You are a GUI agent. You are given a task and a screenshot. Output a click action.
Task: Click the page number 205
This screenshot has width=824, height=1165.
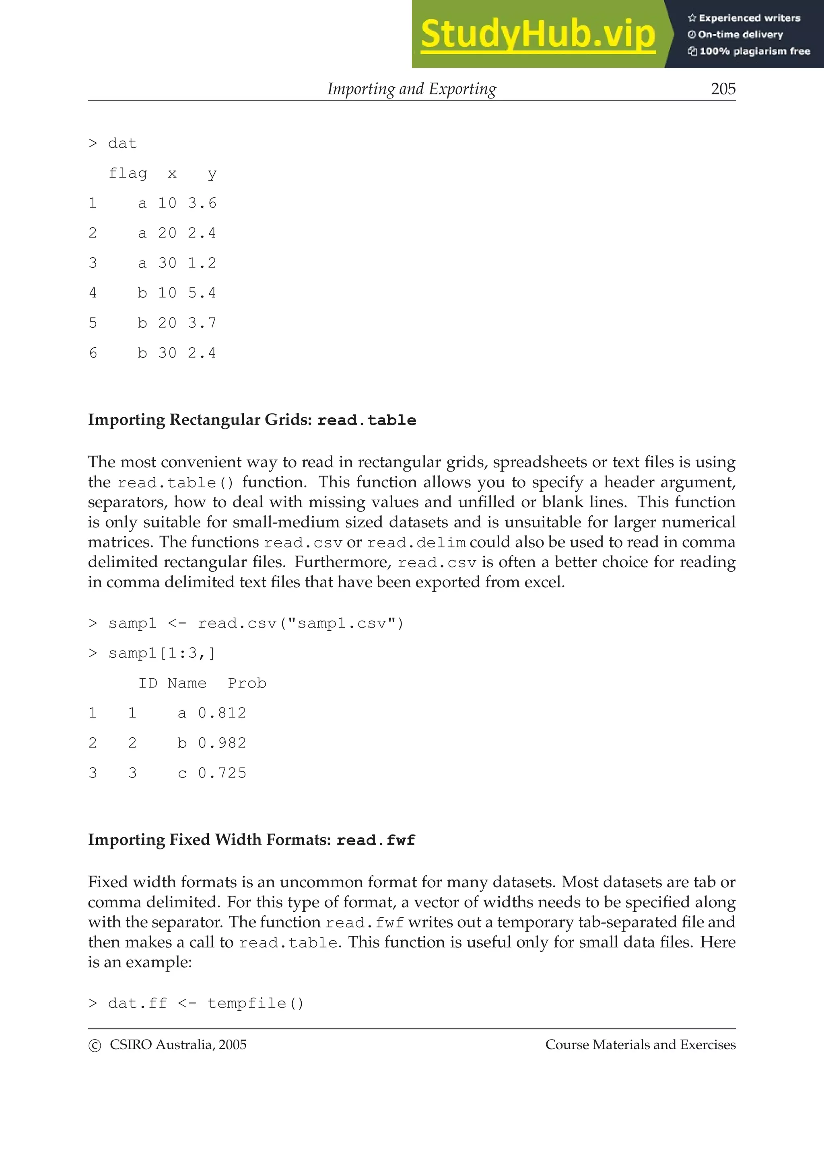(723, 89)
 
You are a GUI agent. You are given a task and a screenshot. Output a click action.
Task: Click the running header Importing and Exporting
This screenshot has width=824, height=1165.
(411, 89)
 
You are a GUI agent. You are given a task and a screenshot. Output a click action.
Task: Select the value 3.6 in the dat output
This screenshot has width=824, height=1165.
(202, 203)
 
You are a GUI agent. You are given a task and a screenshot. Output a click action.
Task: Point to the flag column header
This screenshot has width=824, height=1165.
(128, 174)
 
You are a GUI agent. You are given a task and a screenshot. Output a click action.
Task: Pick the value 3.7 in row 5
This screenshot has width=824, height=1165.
(202, 323)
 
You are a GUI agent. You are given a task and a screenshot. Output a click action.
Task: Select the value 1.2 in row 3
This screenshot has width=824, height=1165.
(202, 263)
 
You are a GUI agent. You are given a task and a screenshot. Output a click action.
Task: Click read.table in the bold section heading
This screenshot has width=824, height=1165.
(367, 420)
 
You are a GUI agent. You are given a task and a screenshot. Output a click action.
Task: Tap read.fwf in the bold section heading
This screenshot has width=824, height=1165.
(376, 840)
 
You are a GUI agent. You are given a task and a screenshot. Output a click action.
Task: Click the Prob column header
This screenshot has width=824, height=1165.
(247, 683)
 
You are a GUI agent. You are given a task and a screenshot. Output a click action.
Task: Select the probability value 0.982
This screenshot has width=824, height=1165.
(222, 743)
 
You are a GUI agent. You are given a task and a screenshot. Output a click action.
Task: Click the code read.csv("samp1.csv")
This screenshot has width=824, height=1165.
(301, 624)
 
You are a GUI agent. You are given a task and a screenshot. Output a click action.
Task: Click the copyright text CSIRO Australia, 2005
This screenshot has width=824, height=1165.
(178, 1045)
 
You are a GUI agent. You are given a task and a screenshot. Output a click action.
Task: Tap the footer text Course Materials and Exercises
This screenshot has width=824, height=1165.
(640, 1045)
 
